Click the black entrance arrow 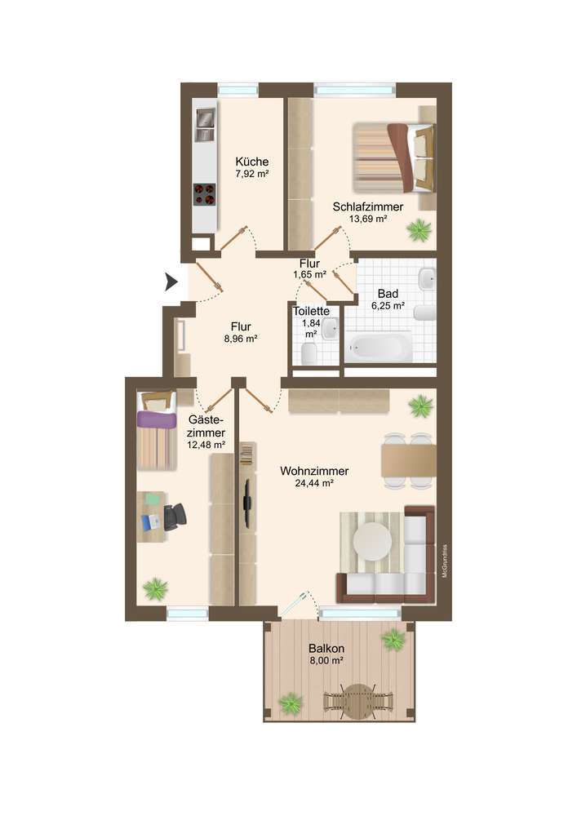tap(171, 282)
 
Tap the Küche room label tap(252, 162)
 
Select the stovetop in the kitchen tap(205, 195)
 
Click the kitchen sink tap(205, 126)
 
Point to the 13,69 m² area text tap(368, 219)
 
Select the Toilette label tap(311, 311)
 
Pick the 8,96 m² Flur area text tap(241, 339)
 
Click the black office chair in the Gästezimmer tap(175, 517)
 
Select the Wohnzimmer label tap(314, 471)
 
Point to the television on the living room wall tap(248, 503)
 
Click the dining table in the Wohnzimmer tap(408, 460)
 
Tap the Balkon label tap(326, 649)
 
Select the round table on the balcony tap(357, 701)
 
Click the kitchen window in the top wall tap(237, 90)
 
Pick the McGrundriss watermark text tap(444, 561)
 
